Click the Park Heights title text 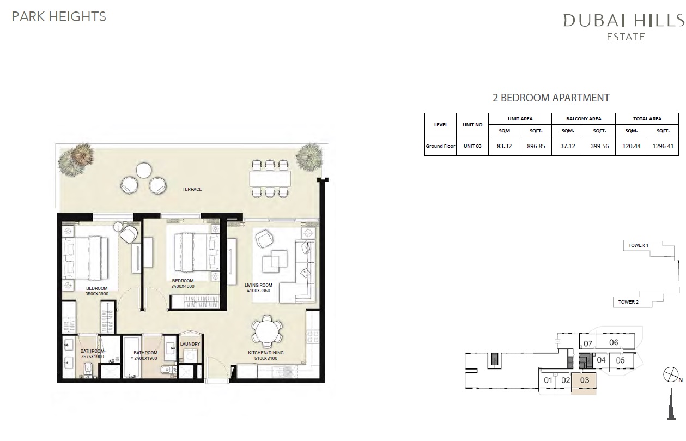point(59,16)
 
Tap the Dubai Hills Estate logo point(623,26)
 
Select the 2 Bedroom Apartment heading point(551,98)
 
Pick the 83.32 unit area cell point(504,146)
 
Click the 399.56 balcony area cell point(599,146)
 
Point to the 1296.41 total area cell point(663,146)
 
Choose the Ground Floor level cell point(440,146)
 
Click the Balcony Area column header point(583,119)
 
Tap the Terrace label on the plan point(192,189)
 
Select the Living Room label point(258,285)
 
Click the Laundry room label point(190,344)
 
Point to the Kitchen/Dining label point(266,353)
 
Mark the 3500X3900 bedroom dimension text point(96,293)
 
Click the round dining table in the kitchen point(267,331)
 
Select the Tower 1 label point(638,246)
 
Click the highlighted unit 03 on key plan point(584,382)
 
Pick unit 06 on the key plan point(614,342)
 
